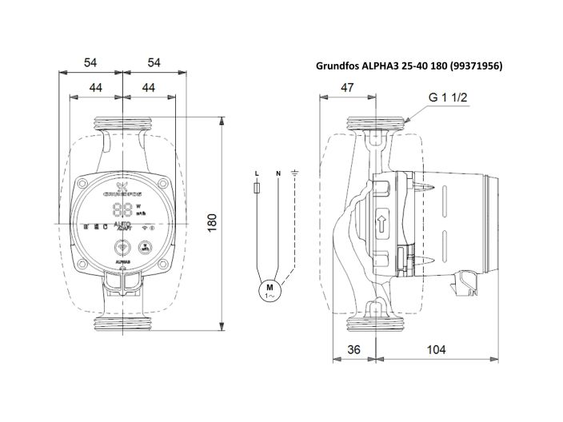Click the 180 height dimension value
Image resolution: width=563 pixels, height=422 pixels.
pos(213,225)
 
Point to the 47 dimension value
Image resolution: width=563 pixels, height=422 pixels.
pos(347,88)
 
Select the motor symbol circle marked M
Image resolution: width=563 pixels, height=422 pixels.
pos(270,291)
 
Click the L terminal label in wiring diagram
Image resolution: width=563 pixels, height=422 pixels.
pos(256,173)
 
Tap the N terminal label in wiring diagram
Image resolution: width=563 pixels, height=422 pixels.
pos(278,173)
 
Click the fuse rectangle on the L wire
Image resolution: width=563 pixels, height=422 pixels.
pos(256,189)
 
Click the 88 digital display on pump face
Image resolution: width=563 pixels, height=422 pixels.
pos(122,209)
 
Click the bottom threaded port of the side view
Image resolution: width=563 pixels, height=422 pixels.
pos(373,324)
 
